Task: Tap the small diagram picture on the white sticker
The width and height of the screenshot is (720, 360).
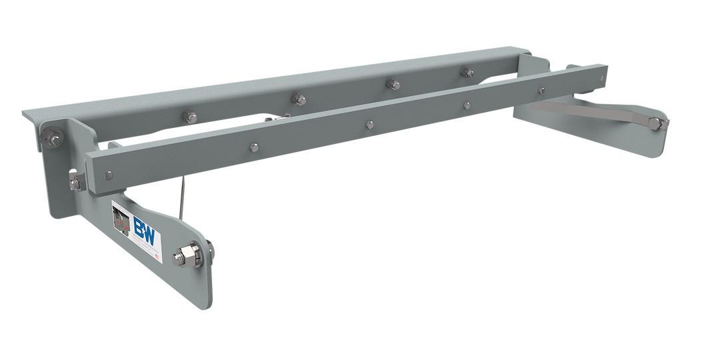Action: tap(121, 219)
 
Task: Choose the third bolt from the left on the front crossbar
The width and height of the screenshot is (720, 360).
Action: tap(368, 123)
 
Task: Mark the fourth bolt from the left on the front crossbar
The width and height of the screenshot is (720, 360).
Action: tap(466, 104)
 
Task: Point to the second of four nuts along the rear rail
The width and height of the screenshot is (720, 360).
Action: tap(299, 99)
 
